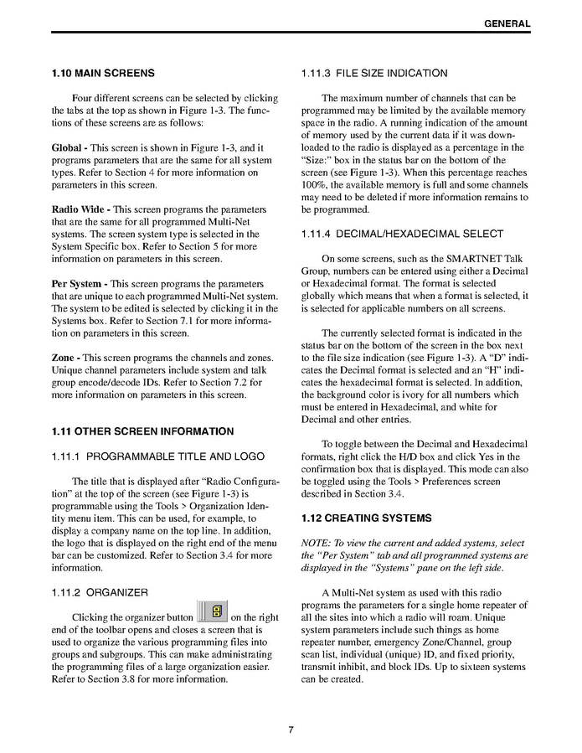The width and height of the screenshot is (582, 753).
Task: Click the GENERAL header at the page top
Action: click(x=507, y=23)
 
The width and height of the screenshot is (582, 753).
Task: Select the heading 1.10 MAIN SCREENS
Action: click(x=102, y=73)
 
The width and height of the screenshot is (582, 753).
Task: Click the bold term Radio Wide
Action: click(x=78, y=209)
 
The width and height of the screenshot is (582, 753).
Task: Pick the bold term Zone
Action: click(x=64, y=358)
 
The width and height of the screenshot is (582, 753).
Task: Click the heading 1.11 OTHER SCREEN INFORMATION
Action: click(x=142, y=431)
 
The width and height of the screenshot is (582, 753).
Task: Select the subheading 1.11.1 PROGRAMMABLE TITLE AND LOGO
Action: click(x=157, y=456)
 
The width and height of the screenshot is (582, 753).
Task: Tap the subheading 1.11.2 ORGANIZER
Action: click(x=100, y=592)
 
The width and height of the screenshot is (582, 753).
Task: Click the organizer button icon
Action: click(x=213, y=611)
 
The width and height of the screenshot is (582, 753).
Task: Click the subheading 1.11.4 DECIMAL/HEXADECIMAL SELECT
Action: click(x=402, y=234)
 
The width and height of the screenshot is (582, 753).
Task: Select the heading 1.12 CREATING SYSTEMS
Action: click(x=366, y=518)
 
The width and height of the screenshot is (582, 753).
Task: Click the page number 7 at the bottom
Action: click(x=291, y=730)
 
